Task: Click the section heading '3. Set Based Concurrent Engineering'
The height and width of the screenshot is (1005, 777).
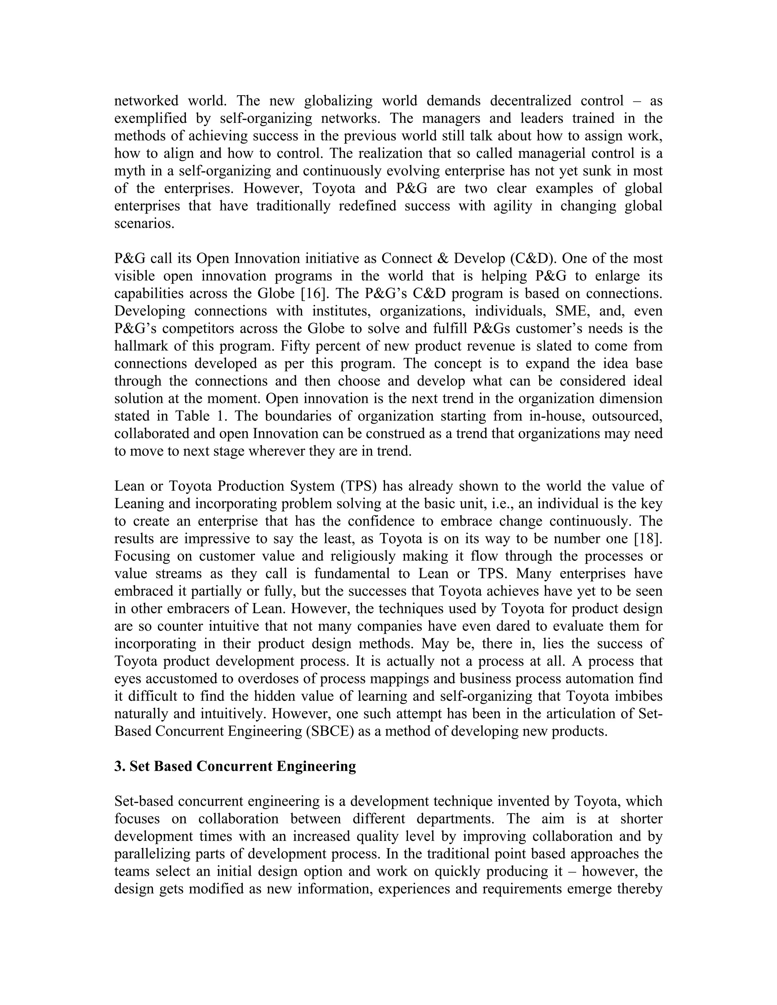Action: (235, 766)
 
